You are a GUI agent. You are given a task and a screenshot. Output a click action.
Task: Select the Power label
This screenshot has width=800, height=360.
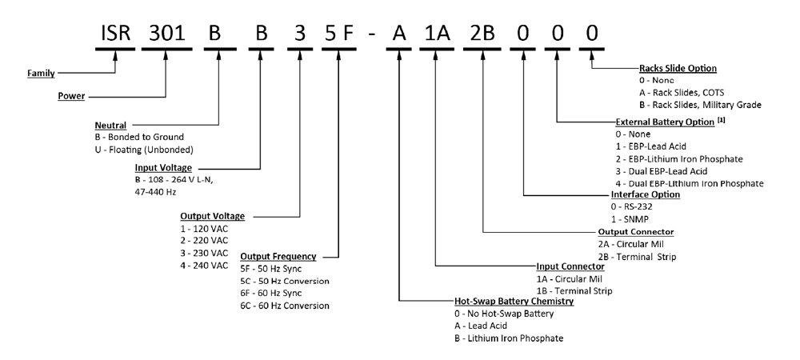[x=71, y=97]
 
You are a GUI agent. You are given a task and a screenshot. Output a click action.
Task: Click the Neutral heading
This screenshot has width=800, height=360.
[x=111, y=126]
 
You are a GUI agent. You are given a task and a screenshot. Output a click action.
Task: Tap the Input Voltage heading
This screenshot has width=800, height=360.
[x=164, y=167]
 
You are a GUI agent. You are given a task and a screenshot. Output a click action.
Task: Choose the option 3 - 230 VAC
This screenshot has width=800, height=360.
[x=206, y=254]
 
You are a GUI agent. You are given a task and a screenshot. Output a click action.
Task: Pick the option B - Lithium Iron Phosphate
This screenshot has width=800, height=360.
[x=509, y=338]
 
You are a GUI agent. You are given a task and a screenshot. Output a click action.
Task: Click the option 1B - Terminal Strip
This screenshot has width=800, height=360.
[x=574, y=290]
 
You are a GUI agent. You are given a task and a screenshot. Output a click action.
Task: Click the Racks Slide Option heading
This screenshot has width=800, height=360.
[x=678, y=69]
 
